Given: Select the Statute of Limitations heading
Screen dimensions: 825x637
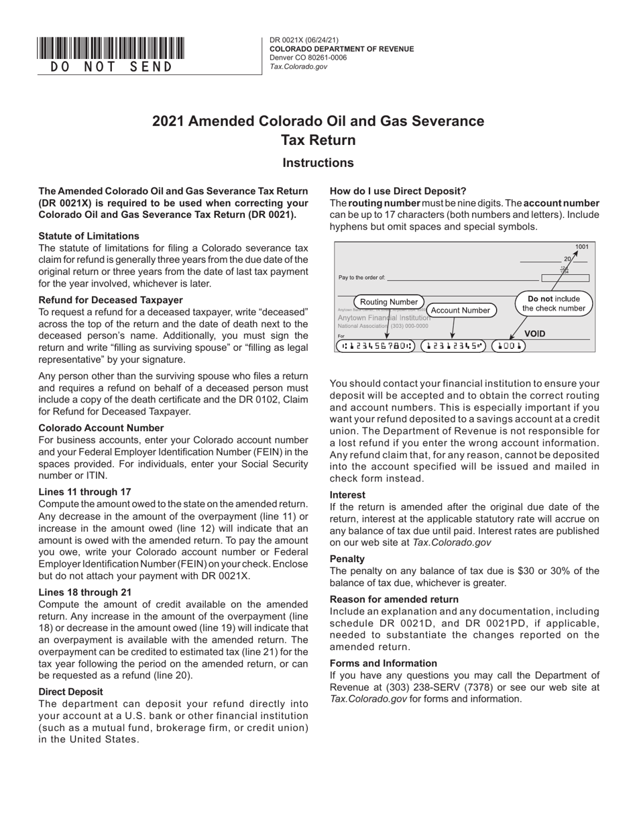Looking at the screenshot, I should click(89, 236).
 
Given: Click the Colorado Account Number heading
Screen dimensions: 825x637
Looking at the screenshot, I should click(101, 428).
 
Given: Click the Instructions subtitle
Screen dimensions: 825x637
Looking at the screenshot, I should click(318, 163).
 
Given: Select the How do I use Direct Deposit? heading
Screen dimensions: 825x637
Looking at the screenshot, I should click(398, 191).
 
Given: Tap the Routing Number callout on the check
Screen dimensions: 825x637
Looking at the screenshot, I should click(389, 302).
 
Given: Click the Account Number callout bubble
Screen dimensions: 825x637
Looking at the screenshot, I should click(460, 310).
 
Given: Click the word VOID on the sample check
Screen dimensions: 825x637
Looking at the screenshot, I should click(534, 333).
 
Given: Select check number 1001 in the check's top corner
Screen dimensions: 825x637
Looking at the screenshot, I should click(581, 247).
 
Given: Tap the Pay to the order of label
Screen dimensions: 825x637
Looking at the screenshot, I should click(362, 277).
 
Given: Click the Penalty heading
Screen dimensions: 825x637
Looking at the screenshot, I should click(347, 559).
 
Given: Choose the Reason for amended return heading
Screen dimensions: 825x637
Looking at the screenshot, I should click(394, 599).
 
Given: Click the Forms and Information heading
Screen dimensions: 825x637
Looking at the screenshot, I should click(383, 663).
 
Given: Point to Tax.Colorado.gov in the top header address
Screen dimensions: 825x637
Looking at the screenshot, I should click(298, 66).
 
